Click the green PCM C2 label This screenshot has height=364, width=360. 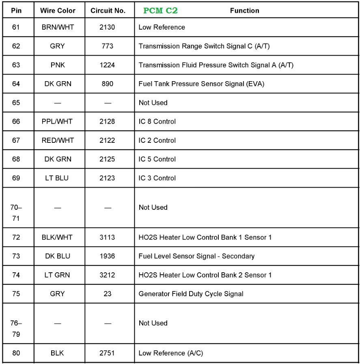(x=160, y=11)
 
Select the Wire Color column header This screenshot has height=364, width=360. (x=58, y=11)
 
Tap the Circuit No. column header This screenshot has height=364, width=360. (x=108, y=11)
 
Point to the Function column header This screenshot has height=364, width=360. (x=244, y=11)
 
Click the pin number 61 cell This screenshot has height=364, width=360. (x=16, y=27)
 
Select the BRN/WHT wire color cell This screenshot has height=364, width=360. (x=58, y=27)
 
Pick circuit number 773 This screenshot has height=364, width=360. (x=108, y=46)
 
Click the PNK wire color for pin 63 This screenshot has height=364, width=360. (x=58, y=65)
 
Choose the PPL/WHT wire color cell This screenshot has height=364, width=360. (x=58, y=121)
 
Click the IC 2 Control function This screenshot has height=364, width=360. (x=157, y=140)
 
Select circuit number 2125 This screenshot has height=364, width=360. (x=108, y=159)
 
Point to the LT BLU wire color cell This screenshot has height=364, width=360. (x=58, y=178)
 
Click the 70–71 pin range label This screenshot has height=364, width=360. (x=16, y=213)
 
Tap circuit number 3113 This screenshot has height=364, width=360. (x=108, y=237)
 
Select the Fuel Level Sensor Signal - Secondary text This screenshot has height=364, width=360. (x=196, y=256)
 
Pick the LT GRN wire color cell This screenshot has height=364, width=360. (x=58, y=275)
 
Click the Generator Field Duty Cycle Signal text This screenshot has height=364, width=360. (x=191, y=294)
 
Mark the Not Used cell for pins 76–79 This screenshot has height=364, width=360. (x=153, y=323)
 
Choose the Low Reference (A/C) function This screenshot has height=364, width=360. (x=170, y=353)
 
